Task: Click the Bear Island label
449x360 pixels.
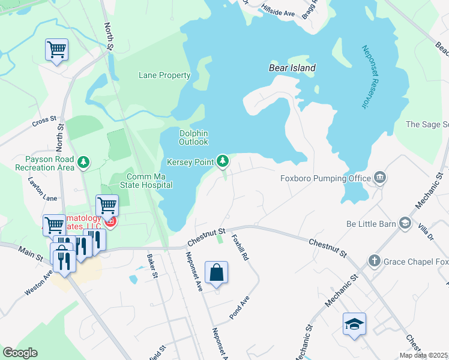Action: pyautogui.click(x=292, y=68)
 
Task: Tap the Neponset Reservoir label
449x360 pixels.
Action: pyautogui.click(x=364, y=77)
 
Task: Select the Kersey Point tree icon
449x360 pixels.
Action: pyautogui.click(x=223, y=160)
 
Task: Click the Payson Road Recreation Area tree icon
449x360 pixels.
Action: pyautogui.click(x=84, y=162)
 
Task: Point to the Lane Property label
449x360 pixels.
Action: pyautogui.click(x=164, y=76)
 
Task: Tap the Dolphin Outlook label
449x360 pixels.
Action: pyautogui.click(x=194, y=137)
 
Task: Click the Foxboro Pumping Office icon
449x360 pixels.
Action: pyautogui.click(x=379, y=177)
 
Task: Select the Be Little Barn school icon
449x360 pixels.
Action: pyautogui.click(x=405, y=224)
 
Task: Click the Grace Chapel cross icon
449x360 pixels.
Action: pyautogui.click(x=374, y=261)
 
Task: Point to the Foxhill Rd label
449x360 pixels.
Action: pyautogui.click(x=240, y=247)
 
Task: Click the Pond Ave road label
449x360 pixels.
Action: pyautogui.click(x=238, y=307)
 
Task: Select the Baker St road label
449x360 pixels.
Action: pyautogui.click(x=152, y=266)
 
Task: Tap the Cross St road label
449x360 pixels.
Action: pyautogui.click(x=44, y=121)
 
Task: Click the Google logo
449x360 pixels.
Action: pyautogui.click(x=20, y=353)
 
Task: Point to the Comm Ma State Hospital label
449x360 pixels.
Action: pyautogui.click(x=149, y=181)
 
